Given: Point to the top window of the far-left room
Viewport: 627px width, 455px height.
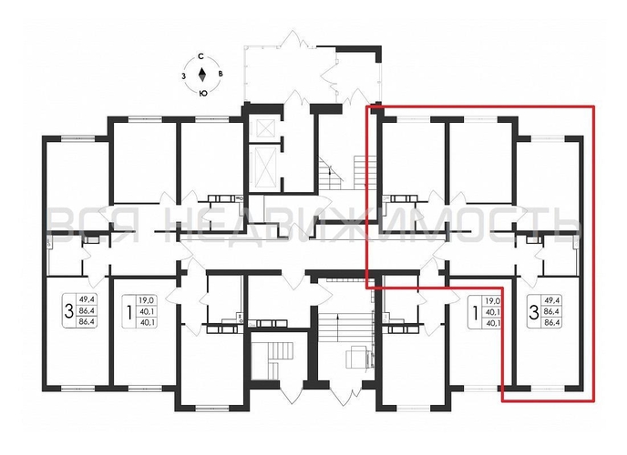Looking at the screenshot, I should [74, 137].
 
